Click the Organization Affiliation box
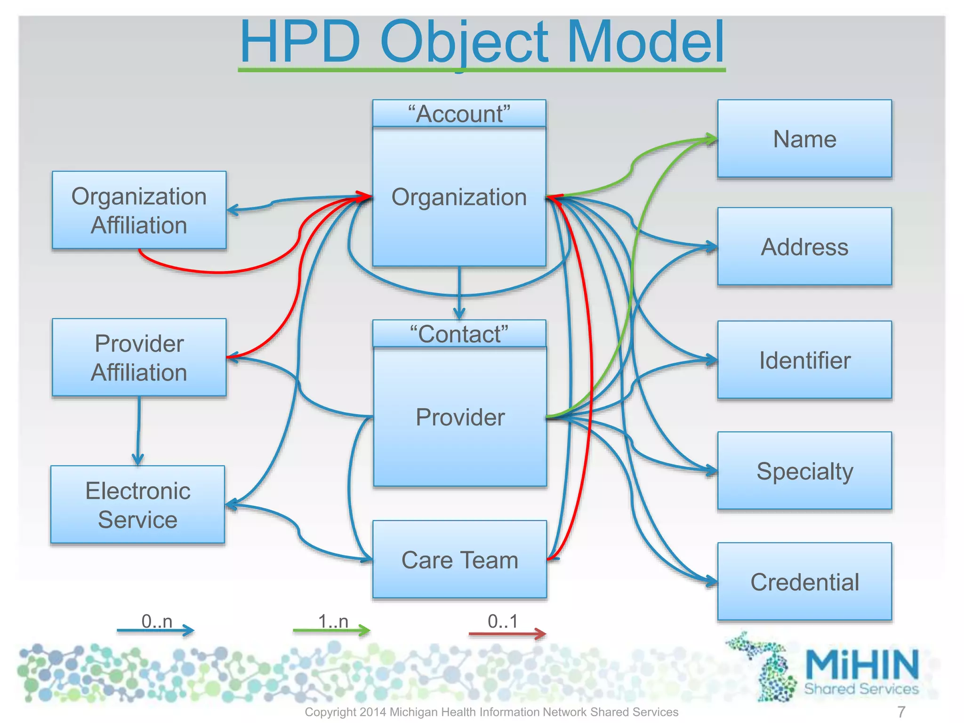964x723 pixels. [x=139, y=210]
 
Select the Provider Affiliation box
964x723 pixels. [x=139, y=357]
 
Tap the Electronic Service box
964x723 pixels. [x=137, y=505]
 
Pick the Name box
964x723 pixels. [x=804, y=139]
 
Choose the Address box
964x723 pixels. [x=804, y=247]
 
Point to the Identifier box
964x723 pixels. [x=804, y=360]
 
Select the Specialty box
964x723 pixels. [x=804, y=471]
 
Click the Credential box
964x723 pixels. [x=804, y=582]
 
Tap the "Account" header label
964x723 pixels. [x=459, y=113]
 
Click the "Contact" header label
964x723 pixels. [x=459, y=334]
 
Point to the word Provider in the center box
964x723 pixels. [x=460, y=417]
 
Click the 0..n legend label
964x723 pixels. [x=157, y=621]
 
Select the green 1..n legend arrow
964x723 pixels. [x=331, y=630]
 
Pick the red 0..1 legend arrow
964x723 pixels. [x=507, y=634]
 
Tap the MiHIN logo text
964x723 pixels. [x=861, y=664]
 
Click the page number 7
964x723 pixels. [x=901, y=712]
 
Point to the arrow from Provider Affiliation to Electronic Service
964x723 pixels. [x=138, y=431]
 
